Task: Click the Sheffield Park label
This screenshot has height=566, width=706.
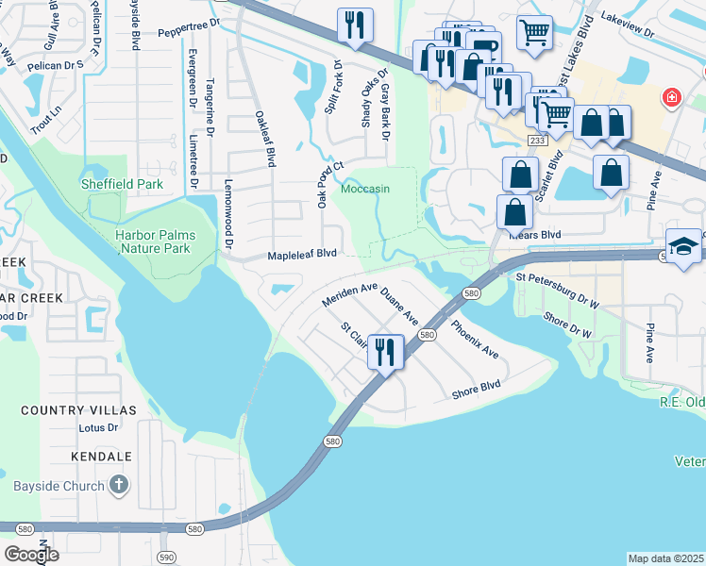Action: pos(122,184)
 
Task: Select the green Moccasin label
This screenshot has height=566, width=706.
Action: pos(364,189)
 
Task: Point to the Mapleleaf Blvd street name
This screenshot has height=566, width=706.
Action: pos(302,254)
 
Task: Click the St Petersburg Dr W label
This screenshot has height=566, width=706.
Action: pos(558,291)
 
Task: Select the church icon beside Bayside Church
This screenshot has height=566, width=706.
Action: pos(117,485)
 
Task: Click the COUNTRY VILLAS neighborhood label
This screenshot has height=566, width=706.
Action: pos(78,410)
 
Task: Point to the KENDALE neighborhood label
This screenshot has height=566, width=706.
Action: pos(101,456)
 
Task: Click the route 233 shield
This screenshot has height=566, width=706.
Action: pos(537,141)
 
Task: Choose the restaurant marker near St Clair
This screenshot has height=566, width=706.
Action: pos(385,352)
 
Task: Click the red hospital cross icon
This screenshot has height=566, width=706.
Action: pos(671,97)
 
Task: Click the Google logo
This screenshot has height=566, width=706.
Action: pos(31,554)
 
